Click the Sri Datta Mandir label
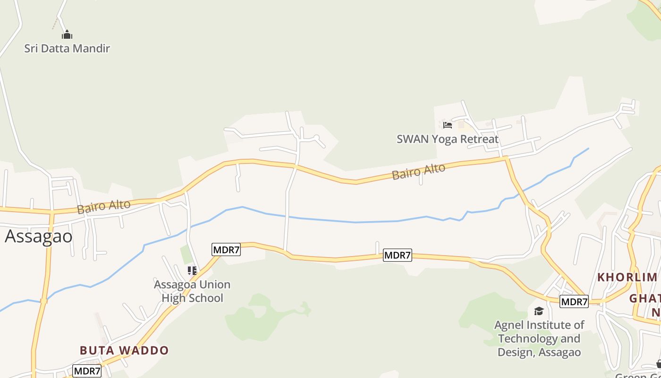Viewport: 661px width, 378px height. [67, 48]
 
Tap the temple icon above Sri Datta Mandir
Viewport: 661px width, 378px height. [67, 34]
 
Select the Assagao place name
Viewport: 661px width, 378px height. [39, 236]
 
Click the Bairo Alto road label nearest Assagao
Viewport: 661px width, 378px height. [104, 207]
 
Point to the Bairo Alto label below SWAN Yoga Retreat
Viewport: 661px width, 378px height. [418, 172]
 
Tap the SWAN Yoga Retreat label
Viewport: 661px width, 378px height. [447, 139]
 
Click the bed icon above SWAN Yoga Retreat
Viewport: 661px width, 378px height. [447, 125]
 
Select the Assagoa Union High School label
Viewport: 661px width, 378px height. [192, 291]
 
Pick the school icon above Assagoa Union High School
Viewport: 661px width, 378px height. [192, 271]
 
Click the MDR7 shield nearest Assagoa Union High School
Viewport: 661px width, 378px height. [226, 249]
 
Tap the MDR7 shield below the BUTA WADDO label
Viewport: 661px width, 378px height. [87, 371]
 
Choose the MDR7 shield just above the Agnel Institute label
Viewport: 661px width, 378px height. [574, 301]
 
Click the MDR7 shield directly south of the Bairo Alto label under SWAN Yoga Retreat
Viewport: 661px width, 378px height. [398, 256]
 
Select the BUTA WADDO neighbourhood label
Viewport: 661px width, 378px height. [124, 351]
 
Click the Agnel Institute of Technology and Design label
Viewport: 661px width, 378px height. [539, 338]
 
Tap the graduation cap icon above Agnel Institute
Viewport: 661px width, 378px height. [539, 311]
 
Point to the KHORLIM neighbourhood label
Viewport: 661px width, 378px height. [627, 277]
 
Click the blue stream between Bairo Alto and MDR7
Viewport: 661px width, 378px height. [354, 222]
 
